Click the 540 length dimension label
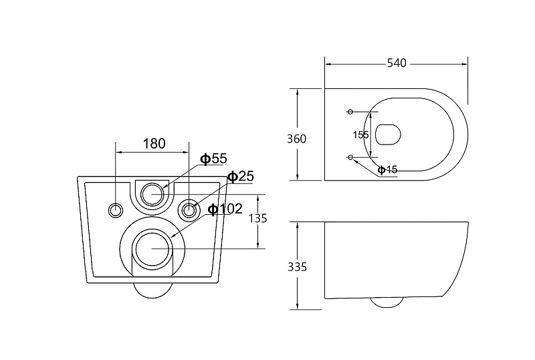[x=397, y=63]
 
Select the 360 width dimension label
[x=296, y=139]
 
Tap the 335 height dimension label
[x=297, y=267]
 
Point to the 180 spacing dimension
[x=154, y=144]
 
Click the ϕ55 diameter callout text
[x=213, y=159]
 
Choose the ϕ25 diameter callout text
[x=241, y=177]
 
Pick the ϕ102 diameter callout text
[x=225, y=209]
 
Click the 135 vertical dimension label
[x=257, y=218]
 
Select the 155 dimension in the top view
[x=360, y=135]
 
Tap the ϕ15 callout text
[x=388, y=169]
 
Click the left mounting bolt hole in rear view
[x=116, y=210]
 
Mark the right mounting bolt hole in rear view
[x=189, y=210]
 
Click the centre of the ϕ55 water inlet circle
[x=152, y=194]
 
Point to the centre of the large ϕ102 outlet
[x=152, y=248]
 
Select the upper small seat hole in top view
[x=350, y=112]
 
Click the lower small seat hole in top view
[x=350, y=157]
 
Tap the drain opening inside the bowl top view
[x=388, y=134]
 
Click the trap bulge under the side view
[x=387, y=302]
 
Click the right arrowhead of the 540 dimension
[x=467, y=64]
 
